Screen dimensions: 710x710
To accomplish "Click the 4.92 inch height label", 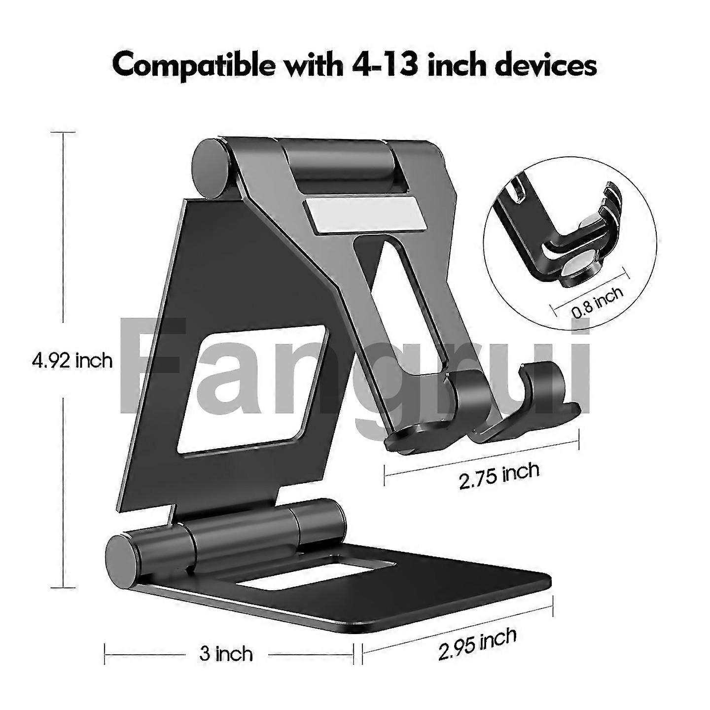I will tap(72, 361).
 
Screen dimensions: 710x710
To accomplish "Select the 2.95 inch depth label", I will tap(477, 644).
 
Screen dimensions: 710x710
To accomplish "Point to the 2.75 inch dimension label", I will tap(499, 475).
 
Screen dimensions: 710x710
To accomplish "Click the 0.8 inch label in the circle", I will tap(597, 301).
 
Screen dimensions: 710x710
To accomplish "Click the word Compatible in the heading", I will tap(192, 65).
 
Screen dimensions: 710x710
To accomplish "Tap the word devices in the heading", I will tap(545, 65).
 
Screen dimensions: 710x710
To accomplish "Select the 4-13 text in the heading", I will tap(382, 65).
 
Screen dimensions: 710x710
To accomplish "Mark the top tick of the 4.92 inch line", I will tap(63, 132).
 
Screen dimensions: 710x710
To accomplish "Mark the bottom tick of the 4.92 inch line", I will tap(63, 588).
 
